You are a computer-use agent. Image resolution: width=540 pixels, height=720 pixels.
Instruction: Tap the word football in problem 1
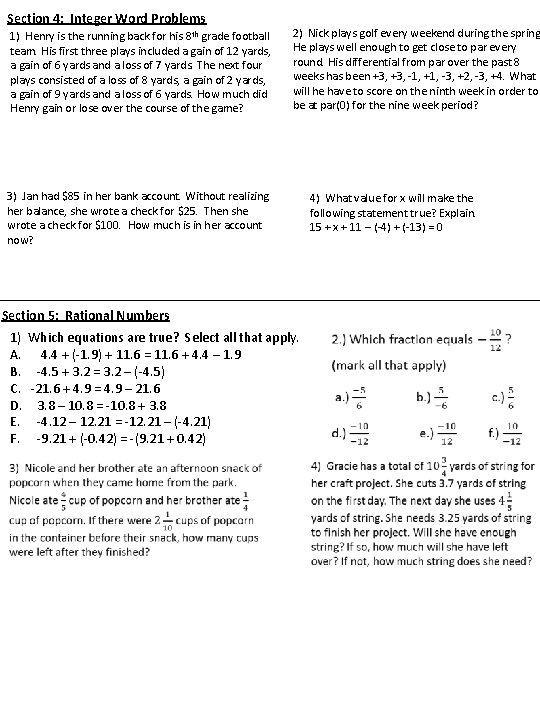(245, 37)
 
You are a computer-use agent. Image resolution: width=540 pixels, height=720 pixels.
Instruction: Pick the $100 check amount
(123, 227)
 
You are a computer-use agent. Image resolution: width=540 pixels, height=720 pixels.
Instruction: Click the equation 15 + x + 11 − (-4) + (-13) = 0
(376, 227)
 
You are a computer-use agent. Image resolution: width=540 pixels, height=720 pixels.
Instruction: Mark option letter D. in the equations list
(15, 404)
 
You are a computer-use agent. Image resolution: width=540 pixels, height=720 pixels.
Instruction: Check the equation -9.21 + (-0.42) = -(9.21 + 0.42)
(121, 438)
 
